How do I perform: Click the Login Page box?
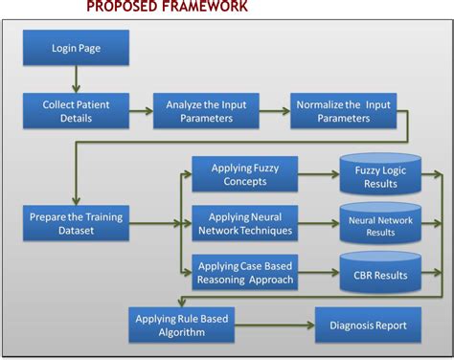point(75,47)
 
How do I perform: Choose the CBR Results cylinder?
point(380,275)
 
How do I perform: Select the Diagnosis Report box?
point(368,326)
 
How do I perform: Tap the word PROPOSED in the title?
point(121,7)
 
